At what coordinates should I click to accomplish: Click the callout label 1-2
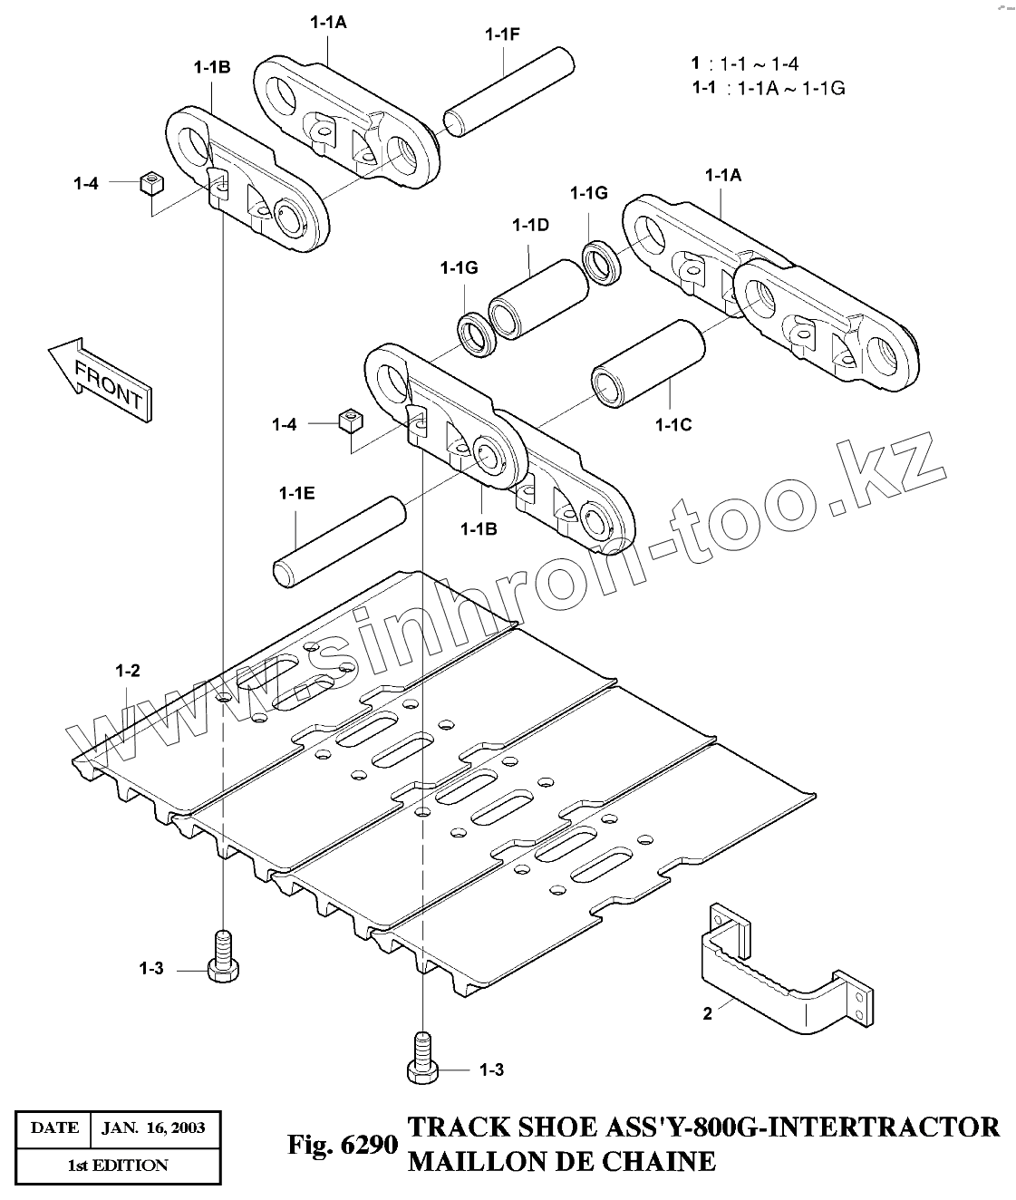coord(128,671)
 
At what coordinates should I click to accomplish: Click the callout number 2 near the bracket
coord(708,1013)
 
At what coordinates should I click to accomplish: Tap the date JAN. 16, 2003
coord(153,1128)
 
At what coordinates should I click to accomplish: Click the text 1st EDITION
coord(118,1165)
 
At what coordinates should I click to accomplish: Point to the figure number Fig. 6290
coord(343,1145)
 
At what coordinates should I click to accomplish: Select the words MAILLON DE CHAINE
coord(561,1160)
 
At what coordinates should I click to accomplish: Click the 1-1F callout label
coord(502,34)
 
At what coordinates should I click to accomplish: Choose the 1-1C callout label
coord(672,423)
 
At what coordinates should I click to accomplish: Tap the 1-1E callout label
coord(297,493)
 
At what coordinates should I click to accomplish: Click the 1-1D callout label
coord(530,225)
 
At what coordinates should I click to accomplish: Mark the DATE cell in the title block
coord(54,1128)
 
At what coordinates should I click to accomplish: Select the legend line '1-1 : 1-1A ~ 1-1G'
coord(769,88)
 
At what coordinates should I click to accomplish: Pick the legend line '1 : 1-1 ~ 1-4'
coord(745,63)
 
